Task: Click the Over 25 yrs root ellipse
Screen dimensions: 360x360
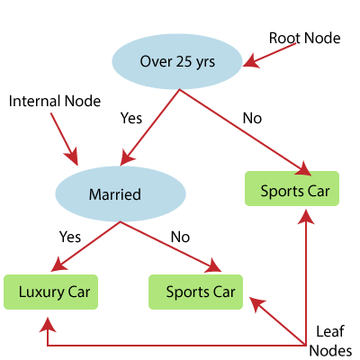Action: pyautogui.click(x=177, y=61)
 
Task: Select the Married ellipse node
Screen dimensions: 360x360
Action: pyautogui.click(x=121, y=194)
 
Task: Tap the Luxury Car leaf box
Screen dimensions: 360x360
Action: pyautogui.click(x=50, y=292)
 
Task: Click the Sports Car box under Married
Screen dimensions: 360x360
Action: pyautogui.click(x=195, y=292)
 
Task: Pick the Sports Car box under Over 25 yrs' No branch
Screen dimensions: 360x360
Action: pyautogui.click(x=292, y=189)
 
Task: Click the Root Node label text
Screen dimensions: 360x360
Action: pyautogui.click(x=304, y=39)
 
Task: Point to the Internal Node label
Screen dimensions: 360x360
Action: pyautogui.click(x=55, y=101)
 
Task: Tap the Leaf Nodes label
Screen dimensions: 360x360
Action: pyautogui.click(x=330, y=341)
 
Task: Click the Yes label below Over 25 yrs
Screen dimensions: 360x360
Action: pyautogui.click(x=131, y=118)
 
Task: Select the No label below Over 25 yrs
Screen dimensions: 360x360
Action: pyautogui.click(x=252, y=118)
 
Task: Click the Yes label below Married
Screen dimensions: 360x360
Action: pyautogui.click(x=70, y=237)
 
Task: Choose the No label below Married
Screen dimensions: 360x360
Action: pyautogui.click(x=180, y=237)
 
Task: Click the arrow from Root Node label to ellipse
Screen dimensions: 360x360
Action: pyautogui.click(x=269, y=55)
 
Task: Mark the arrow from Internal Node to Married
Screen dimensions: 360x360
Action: pyautogui.click(x=64, y=139)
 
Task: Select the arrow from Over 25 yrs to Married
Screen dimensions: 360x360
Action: pyautogui.click(x=149, y=128)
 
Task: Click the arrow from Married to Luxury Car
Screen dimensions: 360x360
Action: pyautogui.click(x=85, y=247)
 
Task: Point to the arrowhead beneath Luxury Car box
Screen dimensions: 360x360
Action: pyautogui.click(x=48, y=325)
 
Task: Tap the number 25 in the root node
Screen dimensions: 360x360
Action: pyautogui.click(x=184, y=61)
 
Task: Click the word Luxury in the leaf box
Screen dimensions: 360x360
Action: pyautogui.click(x=41, y=292)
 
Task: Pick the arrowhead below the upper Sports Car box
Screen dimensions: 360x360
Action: pyautogui.click(x=306, y=217)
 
